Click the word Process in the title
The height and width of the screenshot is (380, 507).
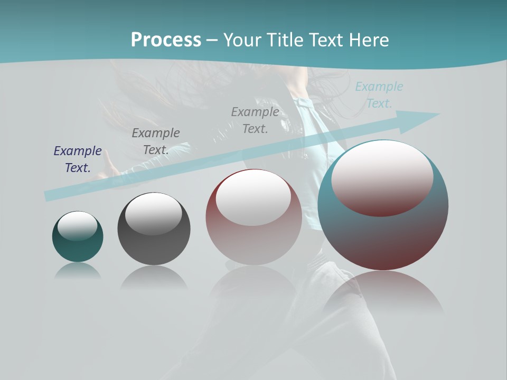click(166, 40)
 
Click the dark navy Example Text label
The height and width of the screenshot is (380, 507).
click(78, 159)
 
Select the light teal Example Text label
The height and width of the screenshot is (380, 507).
click(379, 95)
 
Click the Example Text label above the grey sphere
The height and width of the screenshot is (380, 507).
click(156, 141)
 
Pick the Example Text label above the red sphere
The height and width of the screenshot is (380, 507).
click(255, 120)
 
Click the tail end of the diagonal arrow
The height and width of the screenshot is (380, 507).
click(49, 196)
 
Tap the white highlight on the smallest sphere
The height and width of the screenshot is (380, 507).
click(78, 226)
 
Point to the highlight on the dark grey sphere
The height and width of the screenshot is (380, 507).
click(154, 213)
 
